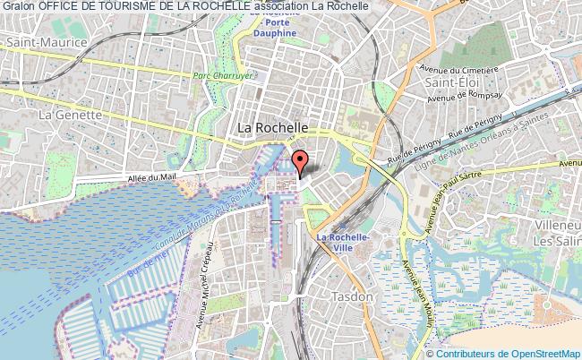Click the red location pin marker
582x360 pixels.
pos(301,160)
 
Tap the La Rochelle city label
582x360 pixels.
pos(274,128)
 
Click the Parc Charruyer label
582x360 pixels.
pos(219,75)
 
